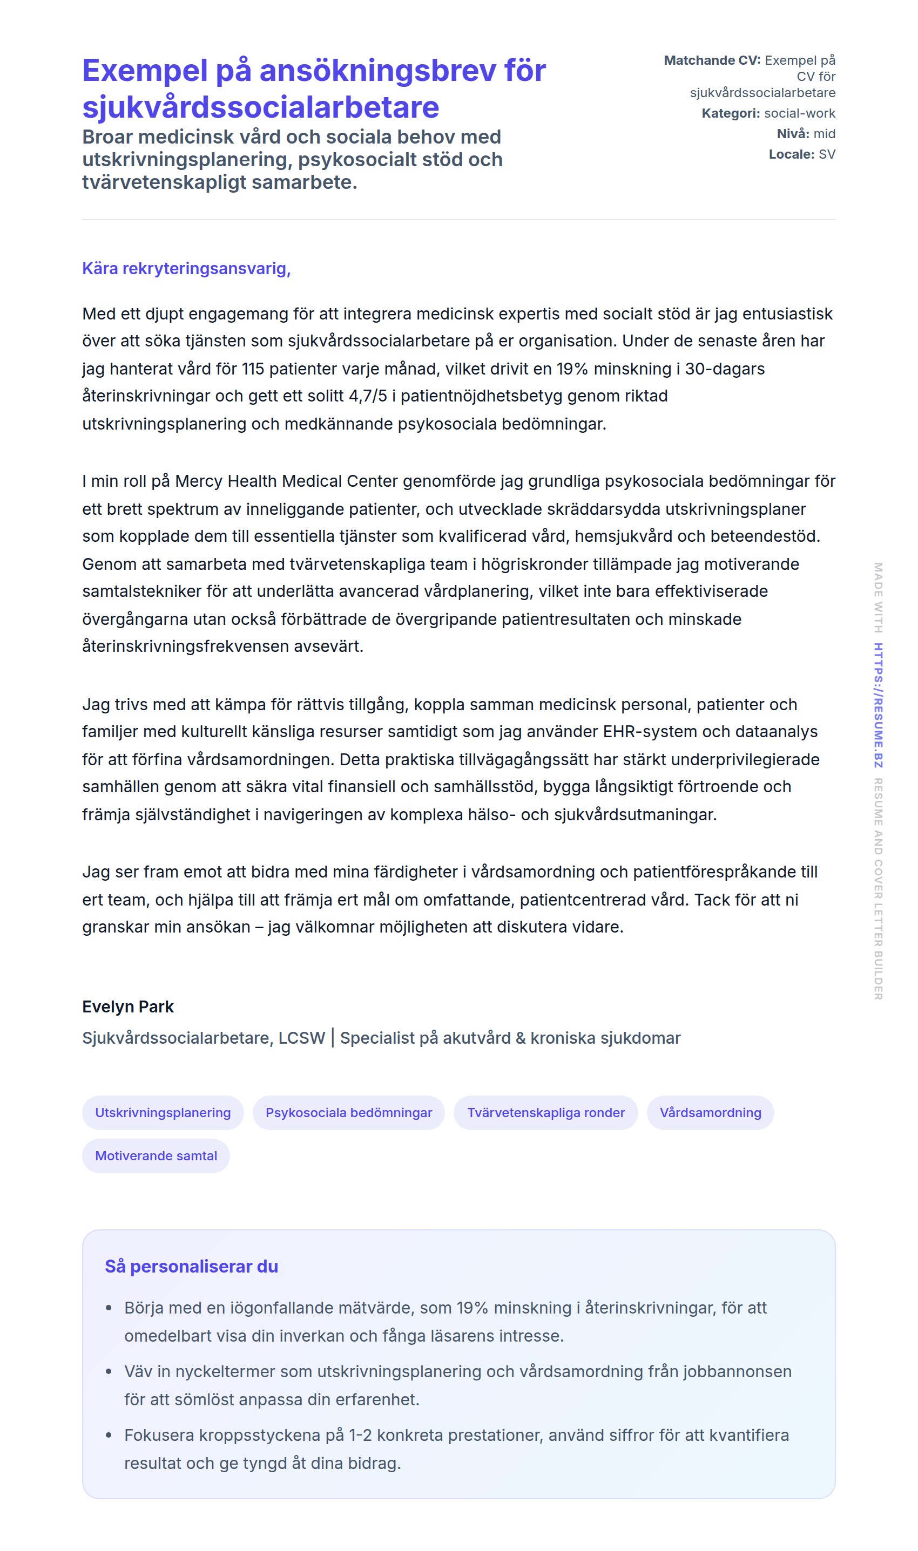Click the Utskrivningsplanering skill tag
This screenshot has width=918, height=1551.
tap(163, 1112)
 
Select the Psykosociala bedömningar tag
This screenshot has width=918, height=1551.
tap(348, 1112)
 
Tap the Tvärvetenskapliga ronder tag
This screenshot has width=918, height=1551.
tap(545, 1112)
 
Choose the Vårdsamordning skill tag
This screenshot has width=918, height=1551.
tap(710, 1112)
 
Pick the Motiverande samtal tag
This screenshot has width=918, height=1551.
tap(156, 1155)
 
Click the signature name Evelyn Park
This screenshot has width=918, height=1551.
tap(128, 1006)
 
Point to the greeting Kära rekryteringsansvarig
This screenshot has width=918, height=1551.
tap(186, 268)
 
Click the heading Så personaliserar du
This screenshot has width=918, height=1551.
tap(191, 1266)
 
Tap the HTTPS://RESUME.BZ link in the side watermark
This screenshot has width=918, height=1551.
tap(878, 705)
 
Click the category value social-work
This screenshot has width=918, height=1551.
tap(799, 113)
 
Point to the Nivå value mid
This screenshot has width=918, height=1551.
tap(824, 133)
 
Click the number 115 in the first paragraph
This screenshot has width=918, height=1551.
tap(253, 369)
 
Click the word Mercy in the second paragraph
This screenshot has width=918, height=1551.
tap(197, 481)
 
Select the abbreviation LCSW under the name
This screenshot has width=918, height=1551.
tap(301, 1038)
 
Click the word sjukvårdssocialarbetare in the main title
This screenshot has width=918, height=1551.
tap(260, 107)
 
